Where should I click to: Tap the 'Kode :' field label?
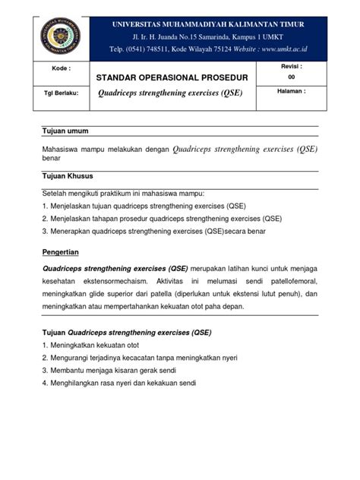tap(62, 68)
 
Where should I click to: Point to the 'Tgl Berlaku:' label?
tap(62, 94)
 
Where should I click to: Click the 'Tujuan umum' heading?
tap(65, 131)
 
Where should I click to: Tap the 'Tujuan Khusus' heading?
tap(68, 176)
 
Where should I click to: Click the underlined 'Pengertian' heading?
tap(65, 251)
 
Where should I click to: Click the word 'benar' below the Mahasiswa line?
tap(51, 161)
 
